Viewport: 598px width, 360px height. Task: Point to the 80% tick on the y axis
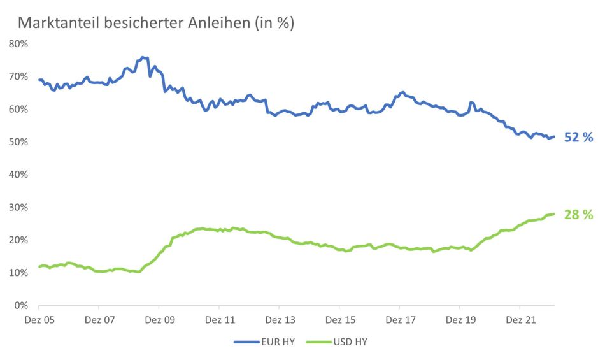pyautogui.click(x=18, y=43)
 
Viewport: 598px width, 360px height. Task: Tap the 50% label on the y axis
pyautogui.click(x=18, y=141)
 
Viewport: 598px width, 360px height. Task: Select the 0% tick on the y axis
pyautogui.click(x=21, y=305)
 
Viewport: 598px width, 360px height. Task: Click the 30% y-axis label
pyautogui.click(x=18, y=207)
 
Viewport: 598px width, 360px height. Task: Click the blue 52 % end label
pyautogui.click(x=578, y=137)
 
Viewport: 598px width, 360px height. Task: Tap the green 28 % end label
pyautogui.click(x=578, y=215)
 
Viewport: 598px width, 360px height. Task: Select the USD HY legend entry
pyautogui.click(x=340, y=342)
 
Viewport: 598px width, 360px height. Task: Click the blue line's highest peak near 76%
pyautogui.click(x=143, y=57)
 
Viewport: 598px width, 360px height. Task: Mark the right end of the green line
pyautogui.click(x=554, y=214)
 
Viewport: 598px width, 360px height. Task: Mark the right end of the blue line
pyautogui.click(x=554, y=136)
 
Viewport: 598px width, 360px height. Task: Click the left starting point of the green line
pyautogui.click(x=39, y=266)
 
